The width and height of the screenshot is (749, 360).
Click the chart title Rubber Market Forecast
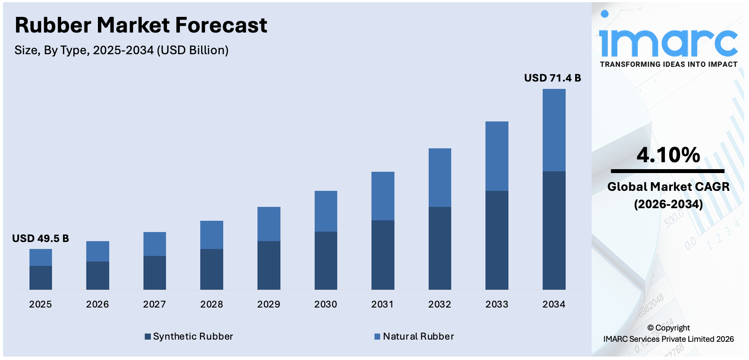(141, 25)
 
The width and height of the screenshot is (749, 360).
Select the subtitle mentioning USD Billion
(121, 50)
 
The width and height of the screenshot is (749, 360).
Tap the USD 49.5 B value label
(40, 239)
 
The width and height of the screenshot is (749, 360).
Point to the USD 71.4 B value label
(552, 78)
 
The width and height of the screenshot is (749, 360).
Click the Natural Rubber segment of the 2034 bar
(554, 130)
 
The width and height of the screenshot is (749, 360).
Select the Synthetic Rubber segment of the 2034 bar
(554, 230)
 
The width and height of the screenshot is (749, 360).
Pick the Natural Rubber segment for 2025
(41, 257)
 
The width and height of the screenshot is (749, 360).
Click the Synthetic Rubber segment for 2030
(326, 260)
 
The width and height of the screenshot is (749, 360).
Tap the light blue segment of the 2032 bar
(440, 177)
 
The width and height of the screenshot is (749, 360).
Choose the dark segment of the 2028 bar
(212, 269)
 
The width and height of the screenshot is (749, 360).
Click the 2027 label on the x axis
(154, 304)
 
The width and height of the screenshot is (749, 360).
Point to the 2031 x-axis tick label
(383, 304)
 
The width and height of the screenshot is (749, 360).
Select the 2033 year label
(497, 304)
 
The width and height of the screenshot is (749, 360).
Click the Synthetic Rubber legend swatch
(148, 337)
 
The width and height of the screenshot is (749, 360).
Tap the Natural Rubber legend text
(418, 337)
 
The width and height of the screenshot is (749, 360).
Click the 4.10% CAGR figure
(668, 155)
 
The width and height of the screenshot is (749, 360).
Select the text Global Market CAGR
(668, 187)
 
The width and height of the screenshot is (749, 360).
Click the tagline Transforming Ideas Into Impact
(668, 64)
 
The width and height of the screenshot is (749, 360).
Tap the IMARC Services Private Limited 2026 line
(668, 339)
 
